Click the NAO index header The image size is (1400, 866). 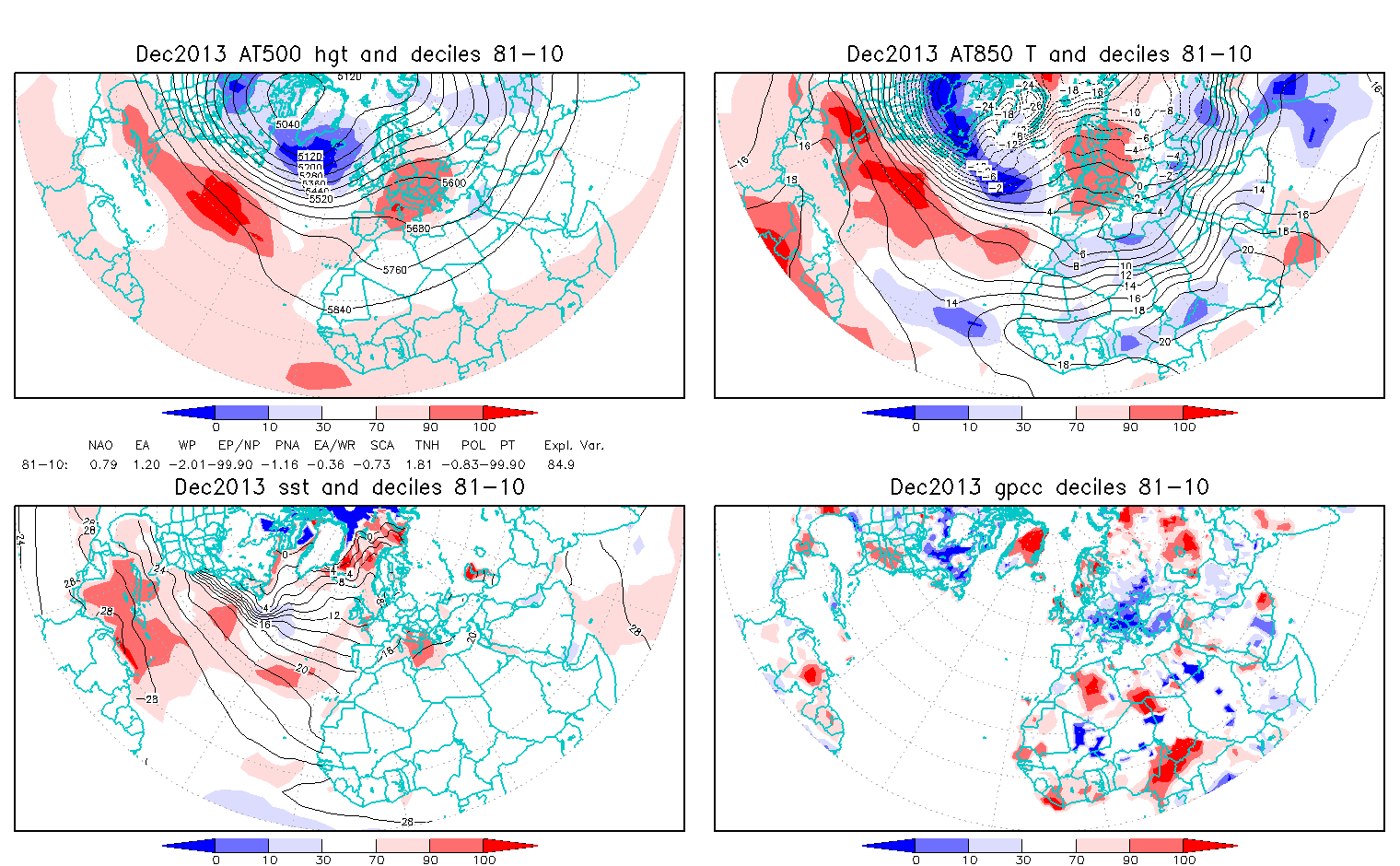[100, 446]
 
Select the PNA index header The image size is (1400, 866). [287, 446]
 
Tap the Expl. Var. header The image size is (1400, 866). [574, 446]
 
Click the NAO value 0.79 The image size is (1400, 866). [103, 464]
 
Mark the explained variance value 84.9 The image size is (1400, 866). [560, 464]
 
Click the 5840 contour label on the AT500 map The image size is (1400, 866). [340, 310]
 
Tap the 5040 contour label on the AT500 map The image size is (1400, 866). [287, 123]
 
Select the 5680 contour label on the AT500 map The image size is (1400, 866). [418, 228]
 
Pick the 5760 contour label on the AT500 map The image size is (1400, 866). [394, 270]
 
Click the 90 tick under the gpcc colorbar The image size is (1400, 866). [1131, 860]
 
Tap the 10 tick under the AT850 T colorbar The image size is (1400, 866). [970, 427]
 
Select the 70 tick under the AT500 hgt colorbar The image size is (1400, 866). [377, 427]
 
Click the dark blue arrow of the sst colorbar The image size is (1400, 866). [189, 845]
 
